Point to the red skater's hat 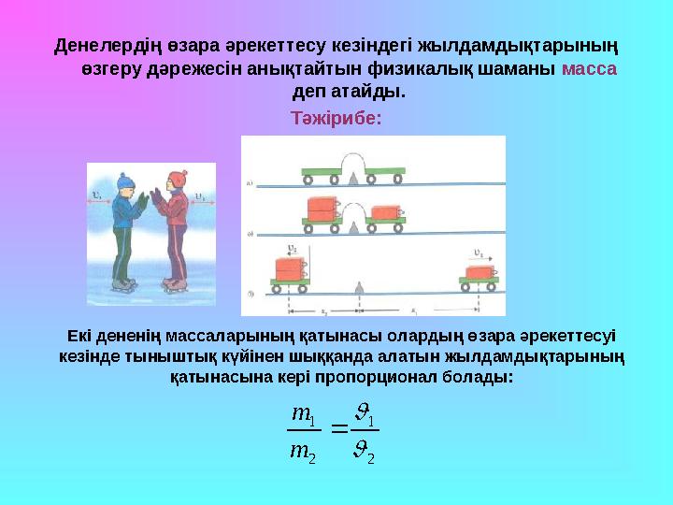pos(175,179)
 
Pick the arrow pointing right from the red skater pos(201,196)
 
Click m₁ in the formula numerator pos(303,412)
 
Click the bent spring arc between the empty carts pos(353,166)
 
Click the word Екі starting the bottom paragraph pos(81,336)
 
